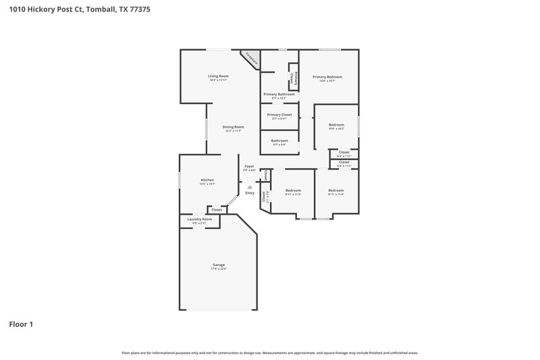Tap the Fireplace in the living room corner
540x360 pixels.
click(x=251, y=58)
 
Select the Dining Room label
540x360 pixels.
click(x=234, y=127)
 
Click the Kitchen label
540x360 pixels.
click(x=207, y=180)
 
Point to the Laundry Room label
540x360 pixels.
click(x=199, y=219)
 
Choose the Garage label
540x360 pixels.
click(x=218, y=264)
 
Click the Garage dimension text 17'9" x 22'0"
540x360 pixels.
click(x=218, y=269)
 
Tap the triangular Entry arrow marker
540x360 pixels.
click(x=250, y=187)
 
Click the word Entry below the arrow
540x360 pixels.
click(x=250, y=193)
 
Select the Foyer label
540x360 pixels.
click(x=249, y=165)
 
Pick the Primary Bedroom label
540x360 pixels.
click(x=327, y=77)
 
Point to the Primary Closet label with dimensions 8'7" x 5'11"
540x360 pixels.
click(x=279, y=115)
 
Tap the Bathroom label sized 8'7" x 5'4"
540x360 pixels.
click(x=279, y=140)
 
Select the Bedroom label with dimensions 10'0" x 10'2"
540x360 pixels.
click(x=336, y=124)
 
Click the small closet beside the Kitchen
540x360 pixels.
click(x=217, y=210)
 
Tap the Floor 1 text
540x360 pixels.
click(x=21, y=324)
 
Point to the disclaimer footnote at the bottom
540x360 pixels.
click(x=269, y=353)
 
